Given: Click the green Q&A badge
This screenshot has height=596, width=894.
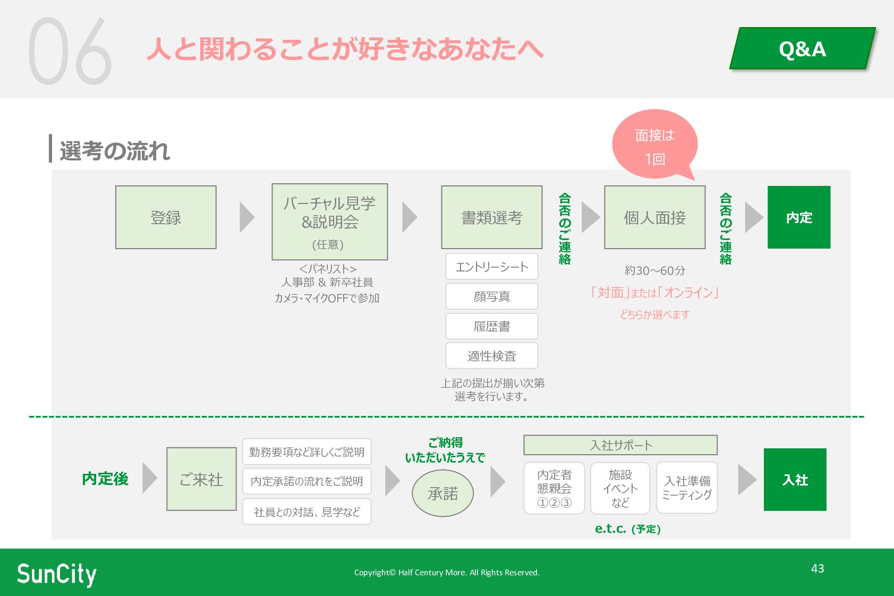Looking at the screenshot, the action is [802, 49].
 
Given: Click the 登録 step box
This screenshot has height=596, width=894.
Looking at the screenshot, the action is [166, 217].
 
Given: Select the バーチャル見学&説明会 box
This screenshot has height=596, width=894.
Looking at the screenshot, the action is [329, 222].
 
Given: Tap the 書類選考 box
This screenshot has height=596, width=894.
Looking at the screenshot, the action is [491, 217].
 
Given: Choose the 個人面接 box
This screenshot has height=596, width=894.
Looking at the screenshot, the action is [654, 217].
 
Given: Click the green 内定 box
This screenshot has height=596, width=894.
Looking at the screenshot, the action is [798, 217].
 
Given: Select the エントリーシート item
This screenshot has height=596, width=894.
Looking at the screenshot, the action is [491, 267].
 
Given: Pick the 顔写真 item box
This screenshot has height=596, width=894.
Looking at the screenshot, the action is [491, 296].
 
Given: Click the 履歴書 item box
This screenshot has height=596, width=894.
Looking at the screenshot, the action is [491, 326].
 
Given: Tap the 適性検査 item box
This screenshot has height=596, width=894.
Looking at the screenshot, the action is [491, 356].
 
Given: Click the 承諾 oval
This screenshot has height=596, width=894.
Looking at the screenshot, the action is [442, 493].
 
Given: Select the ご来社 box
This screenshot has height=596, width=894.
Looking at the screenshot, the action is [201, 479].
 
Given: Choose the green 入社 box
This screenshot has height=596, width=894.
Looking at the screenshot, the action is [795, 480].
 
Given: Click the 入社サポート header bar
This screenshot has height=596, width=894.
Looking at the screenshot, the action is [620, 445].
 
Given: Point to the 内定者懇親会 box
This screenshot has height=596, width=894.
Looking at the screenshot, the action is [554, 488].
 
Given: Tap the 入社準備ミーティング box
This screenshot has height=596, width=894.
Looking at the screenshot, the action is [687, 488].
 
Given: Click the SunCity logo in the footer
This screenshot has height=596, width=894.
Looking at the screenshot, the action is [57, 574].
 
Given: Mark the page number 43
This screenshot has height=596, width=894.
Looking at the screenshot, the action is [818, 568].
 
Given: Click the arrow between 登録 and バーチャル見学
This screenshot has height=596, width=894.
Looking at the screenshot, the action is [246, 217].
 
